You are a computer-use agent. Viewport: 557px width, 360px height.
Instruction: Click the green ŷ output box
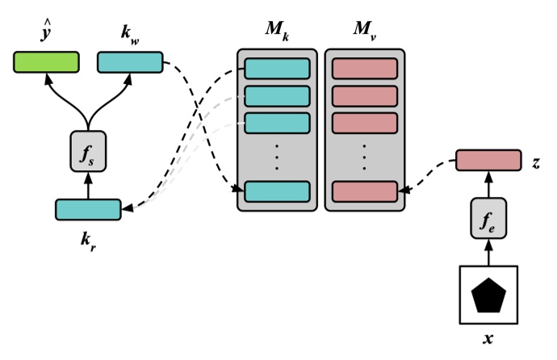46,62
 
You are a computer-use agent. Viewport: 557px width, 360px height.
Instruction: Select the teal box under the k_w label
129,62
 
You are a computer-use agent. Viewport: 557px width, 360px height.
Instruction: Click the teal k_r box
87,209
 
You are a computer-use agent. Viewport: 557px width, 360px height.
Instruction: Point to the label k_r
88,241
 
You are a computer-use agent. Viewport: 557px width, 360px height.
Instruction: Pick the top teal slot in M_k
277,69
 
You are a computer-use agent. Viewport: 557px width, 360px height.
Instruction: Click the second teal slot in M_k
277,96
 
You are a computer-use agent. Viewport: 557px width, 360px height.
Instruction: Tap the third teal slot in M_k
277,123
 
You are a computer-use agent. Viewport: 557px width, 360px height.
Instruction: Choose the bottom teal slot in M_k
277,191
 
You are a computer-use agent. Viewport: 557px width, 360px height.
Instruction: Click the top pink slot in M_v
364,69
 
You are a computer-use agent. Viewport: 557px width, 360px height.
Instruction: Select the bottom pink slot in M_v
364,191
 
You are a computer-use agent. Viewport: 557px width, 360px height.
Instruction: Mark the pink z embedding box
488,161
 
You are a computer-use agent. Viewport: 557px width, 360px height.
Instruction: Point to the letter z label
536,162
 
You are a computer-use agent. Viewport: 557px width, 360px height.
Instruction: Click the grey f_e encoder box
488,220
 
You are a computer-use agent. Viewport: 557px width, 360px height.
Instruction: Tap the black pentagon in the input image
488,296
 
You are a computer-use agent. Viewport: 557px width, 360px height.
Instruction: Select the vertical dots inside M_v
364,157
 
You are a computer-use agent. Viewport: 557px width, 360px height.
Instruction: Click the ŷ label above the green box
45,33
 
